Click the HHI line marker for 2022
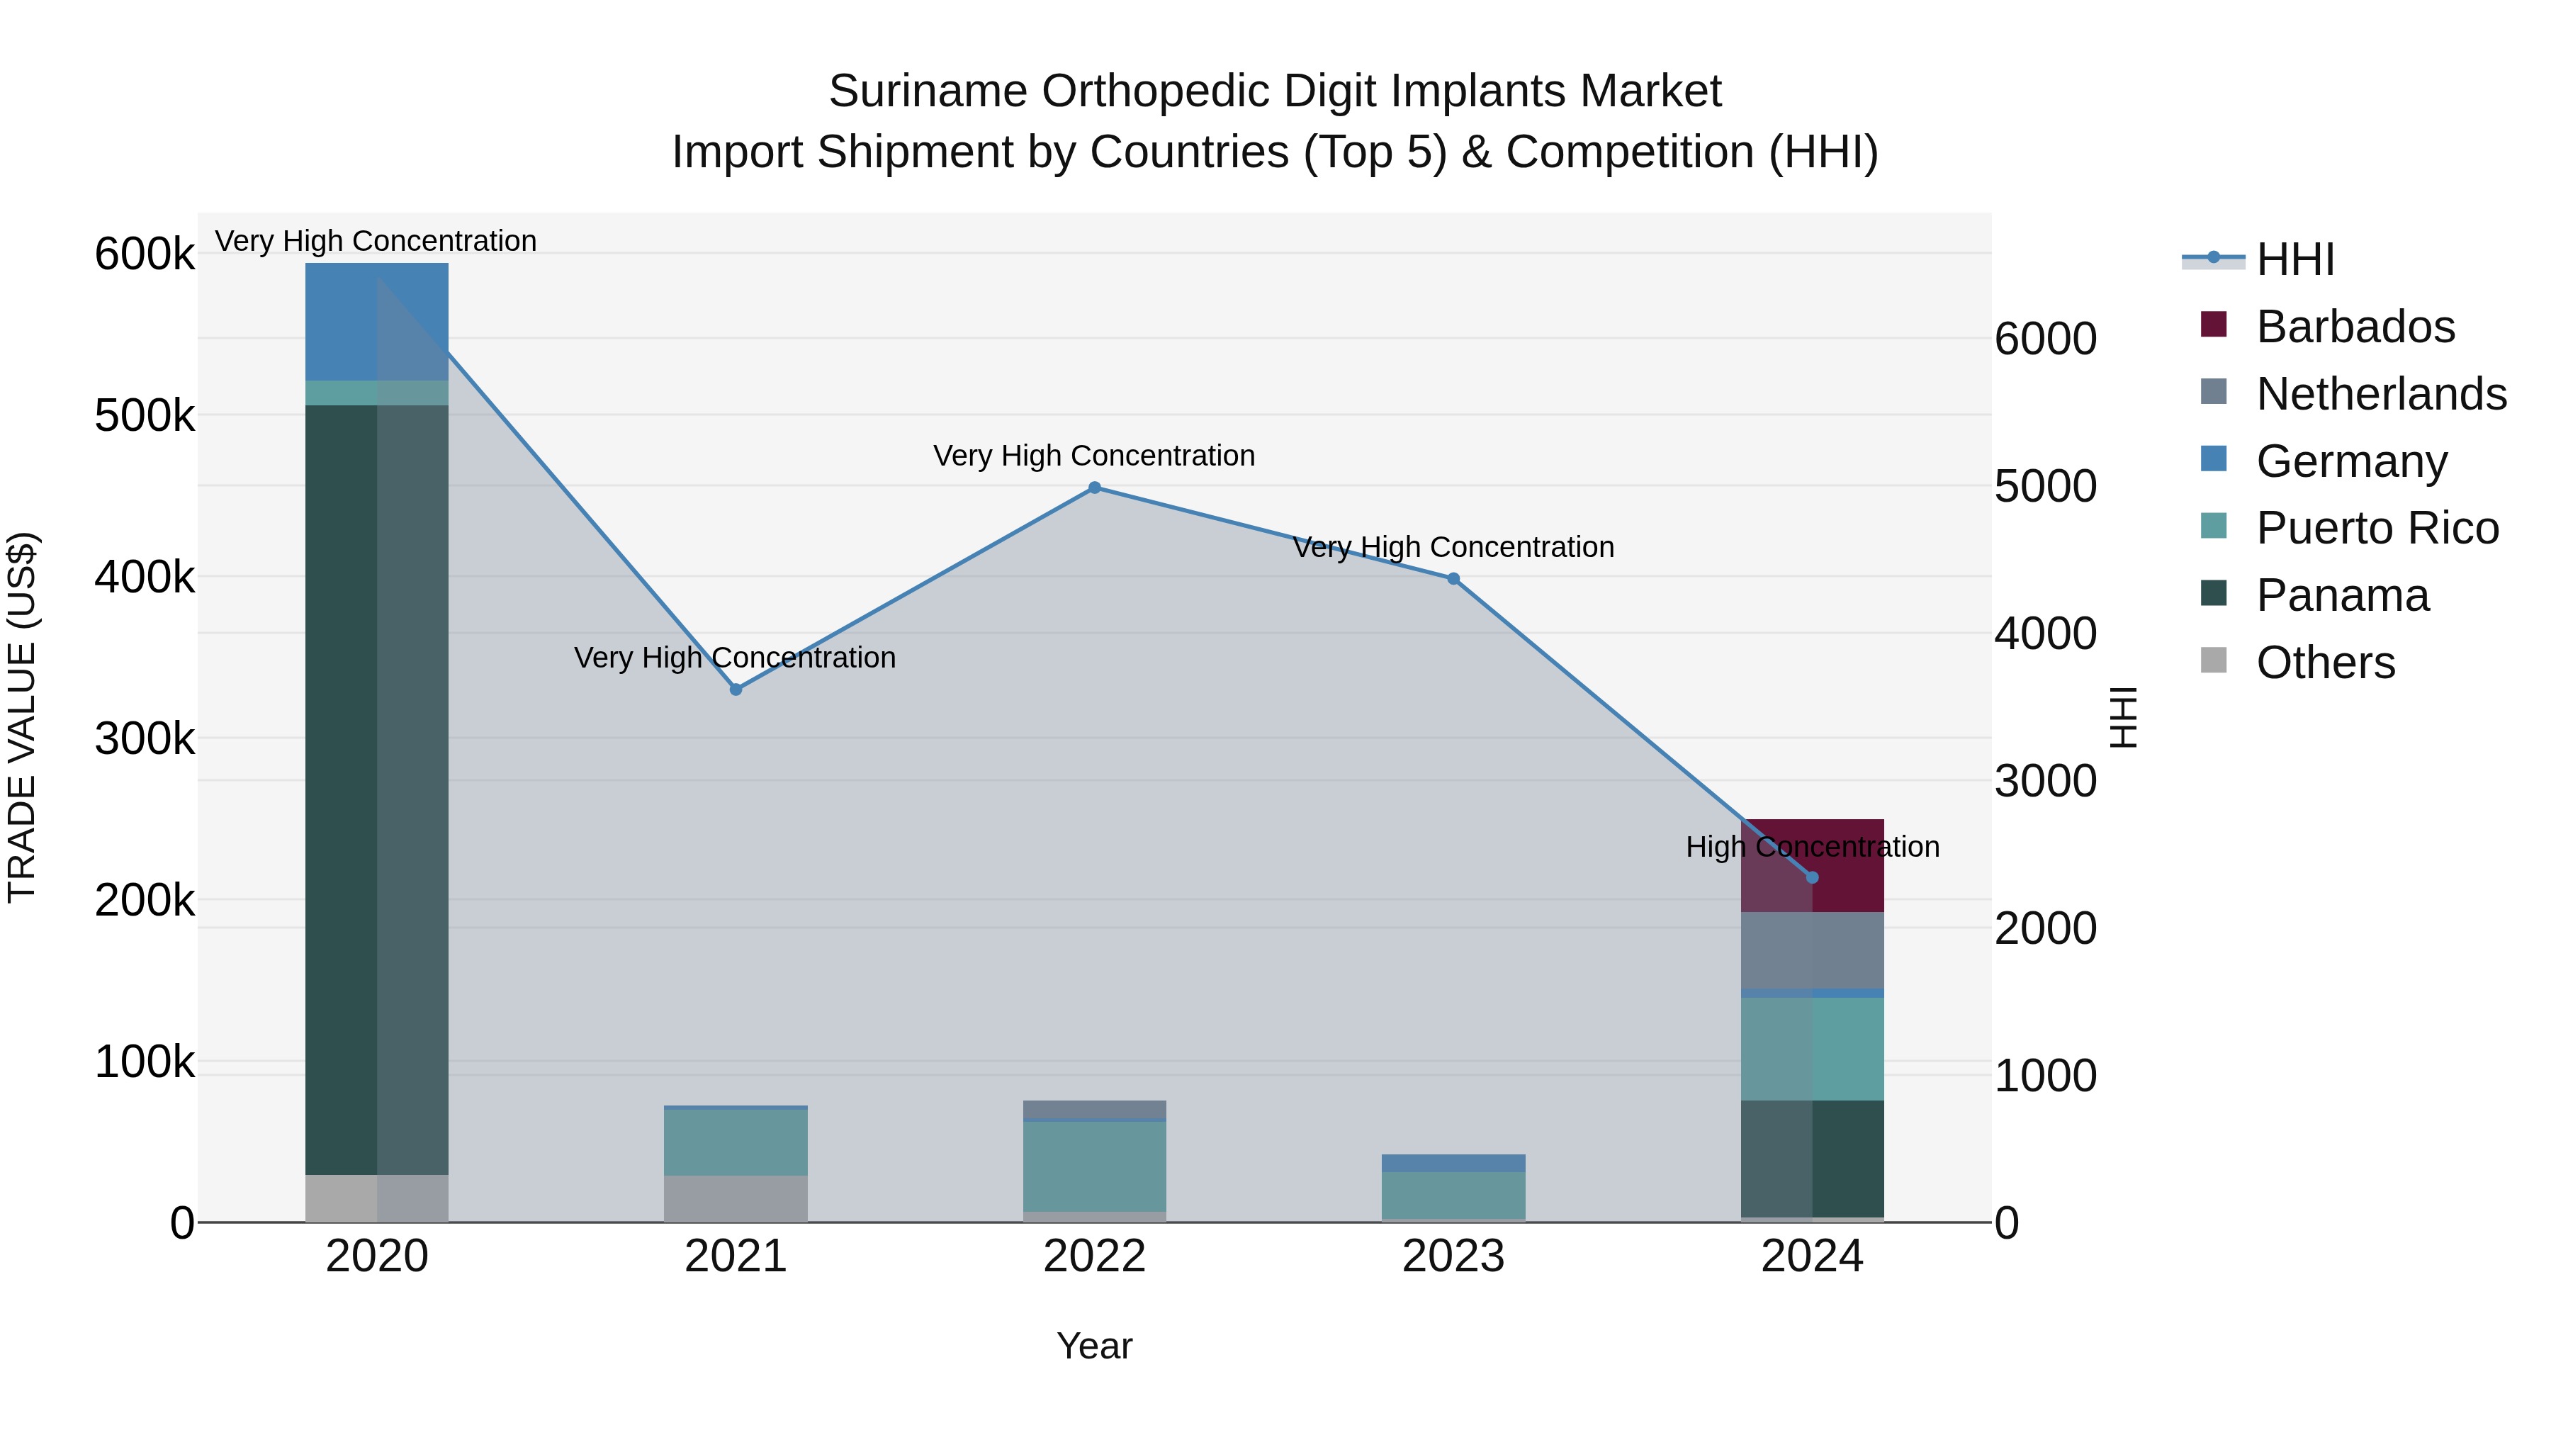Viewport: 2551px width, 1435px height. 1094,488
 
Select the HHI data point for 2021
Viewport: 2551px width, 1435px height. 736,690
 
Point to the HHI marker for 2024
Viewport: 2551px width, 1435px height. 1812,877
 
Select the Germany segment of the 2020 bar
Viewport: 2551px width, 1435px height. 376,322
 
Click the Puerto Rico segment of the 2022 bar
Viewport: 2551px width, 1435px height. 1094,1166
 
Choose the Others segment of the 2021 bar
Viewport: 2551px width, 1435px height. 736,1198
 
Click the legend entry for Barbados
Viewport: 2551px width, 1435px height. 2355,327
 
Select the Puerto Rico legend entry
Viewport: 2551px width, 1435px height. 2377,528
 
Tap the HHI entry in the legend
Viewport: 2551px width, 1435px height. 2294,259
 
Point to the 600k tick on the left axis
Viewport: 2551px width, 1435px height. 145,254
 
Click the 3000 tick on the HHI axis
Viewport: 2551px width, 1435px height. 2045,782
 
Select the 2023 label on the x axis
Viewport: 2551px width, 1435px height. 1453,1256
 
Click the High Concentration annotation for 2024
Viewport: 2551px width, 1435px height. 1812,847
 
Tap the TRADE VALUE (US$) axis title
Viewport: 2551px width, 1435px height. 22,717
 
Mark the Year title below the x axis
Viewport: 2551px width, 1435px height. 1094,1346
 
